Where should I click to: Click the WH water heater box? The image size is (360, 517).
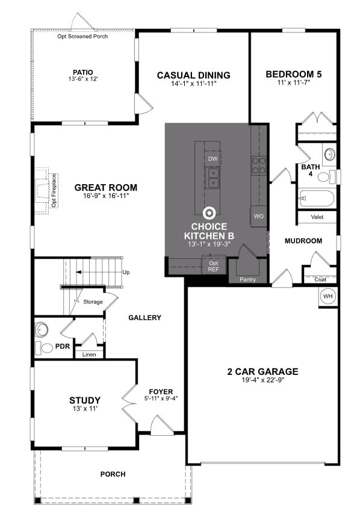tap(328, 296)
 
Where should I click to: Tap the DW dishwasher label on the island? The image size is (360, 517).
tap(212, 159)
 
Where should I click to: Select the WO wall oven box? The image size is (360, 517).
tap(259, 215)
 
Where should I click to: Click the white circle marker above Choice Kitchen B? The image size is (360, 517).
tap(209, 212)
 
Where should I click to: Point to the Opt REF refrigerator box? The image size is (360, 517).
tap(214, 265)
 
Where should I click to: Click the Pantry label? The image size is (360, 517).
tap(247, 279)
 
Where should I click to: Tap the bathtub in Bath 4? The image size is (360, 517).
tap(315, 198)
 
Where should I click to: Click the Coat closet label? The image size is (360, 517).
tap(320, 279)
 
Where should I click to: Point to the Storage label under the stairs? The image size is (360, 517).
tap(93, 302)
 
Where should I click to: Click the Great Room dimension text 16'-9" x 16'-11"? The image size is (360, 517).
tap(106, 196)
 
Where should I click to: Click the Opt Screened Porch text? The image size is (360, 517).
tap(83, 37)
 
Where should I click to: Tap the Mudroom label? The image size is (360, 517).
tap(303, 241)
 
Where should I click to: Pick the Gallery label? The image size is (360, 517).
tap(144, 317)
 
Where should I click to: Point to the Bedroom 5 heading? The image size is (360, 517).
tap(294, 75)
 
